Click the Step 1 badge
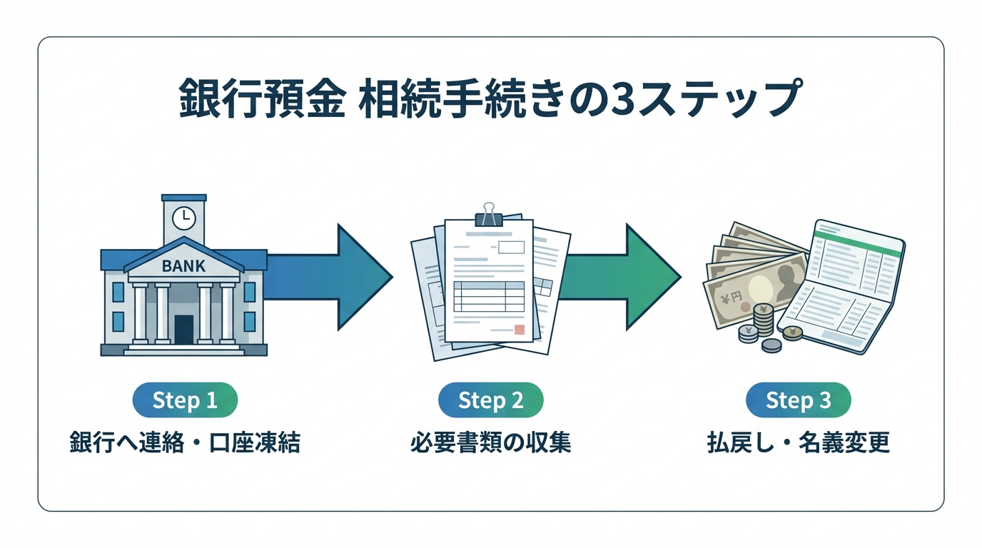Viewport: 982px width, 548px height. (185, 400)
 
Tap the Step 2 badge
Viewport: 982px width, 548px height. (490, 400)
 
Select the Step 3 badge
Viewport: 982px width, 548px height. (798, 400)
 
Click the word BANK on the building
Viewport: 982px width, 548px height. (183, 266)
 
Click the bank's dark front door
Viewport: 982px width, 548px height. (183, 329)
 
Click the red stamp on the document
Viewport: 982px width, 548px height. (519, 330)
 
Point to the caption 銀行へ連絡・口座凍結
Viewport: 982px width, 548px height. (185, 443)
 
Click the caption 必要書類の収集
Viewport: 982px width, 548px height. (490, 443)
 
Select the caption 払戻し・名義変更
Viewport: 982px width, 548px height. (798, 443)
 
